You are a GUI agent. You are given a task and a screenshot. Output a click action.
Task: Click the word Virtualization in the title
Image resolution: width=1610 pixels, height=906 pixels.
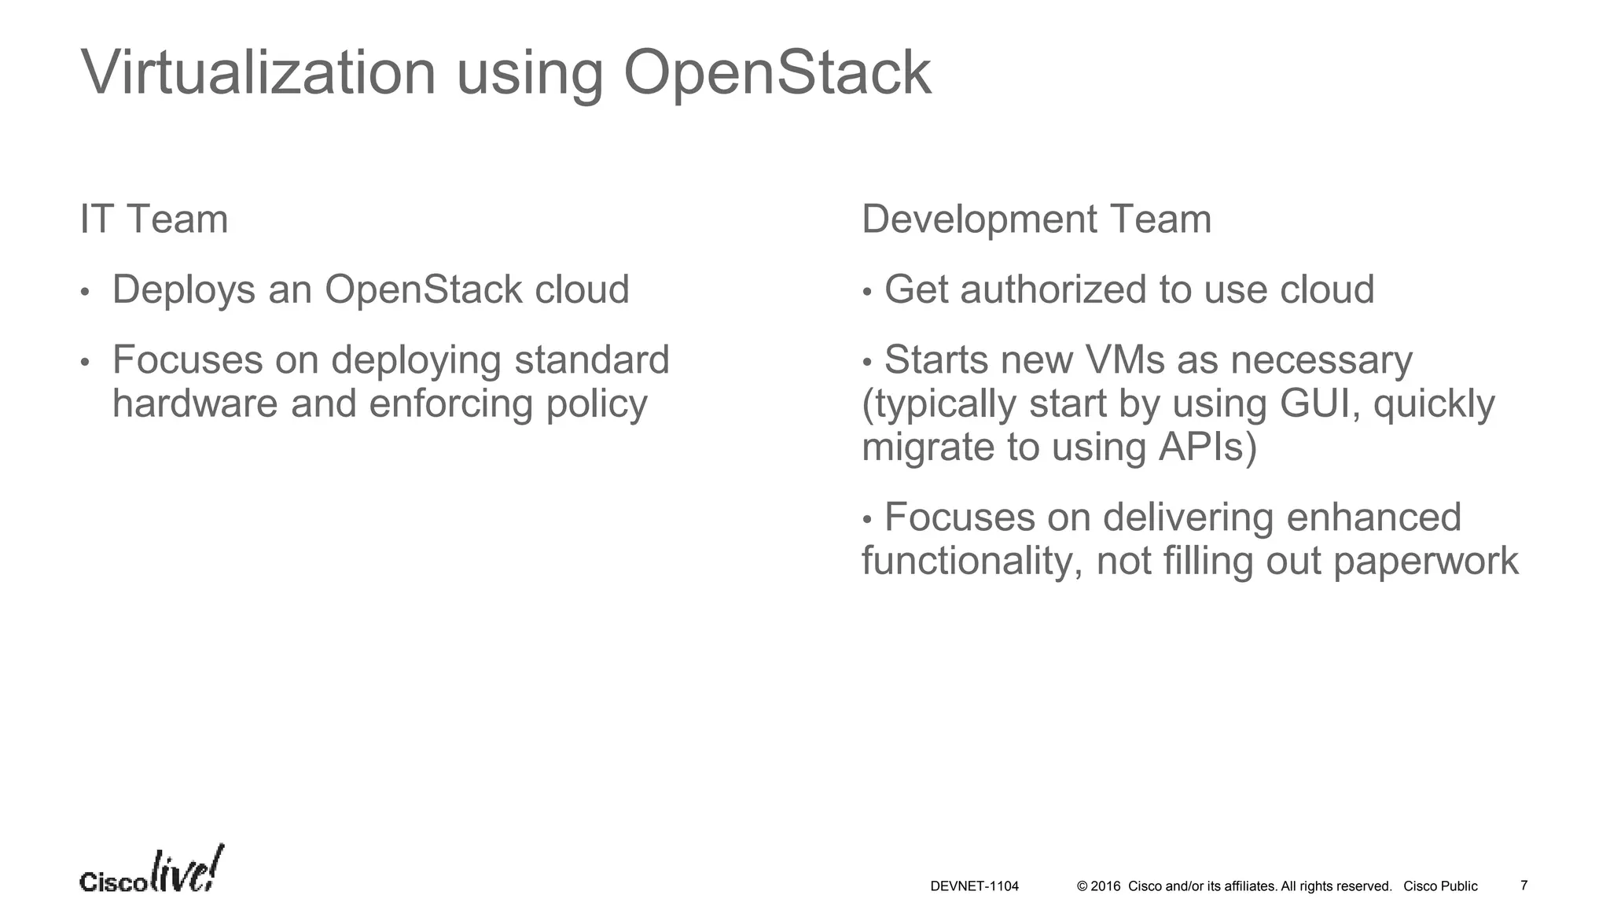(x=258, y=72)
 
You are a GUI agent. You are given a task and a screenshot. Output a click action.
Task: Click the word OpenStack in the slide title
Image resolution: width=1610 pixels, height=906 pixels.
(x=777, y=72)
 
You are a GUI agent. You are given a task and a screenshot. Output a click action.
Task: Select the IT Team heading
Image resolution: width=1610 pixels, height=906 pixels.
(x=154, y=219)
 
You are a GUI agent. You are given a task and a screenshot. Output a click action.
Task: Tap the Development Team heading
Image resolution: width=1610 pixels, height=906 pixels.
(x=1036, y=219)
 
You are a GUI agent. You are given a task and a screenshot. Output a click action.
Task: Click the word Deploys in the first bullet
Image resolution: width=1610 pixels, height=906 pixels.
(x=184, y=289)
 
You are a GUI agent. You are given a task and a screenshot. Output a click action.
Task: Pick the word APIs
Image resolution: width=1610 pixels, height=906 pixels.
(x=1207, y=447)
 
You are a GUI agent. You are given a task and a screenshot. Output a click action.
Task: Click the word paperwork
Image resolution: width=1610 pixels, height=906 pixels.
(x=1425, y=561)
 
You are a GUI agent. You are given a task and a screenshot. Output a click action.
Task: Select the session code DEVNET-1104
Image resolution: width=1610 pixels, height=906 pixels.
(x=974, y=886)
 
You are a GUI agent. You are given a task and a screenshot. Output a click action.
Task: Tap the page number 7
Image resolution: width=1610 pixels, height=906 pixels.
(x=1524, y=886)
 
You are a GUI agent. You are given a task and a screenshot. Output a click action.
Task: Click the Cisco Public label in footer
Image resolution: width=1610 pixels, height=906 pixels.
(x=1440, y=886)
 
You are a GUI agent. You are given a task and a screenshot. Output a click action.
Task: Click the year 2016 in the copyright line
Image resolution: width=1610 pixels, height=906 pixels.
(x=1105, y=886)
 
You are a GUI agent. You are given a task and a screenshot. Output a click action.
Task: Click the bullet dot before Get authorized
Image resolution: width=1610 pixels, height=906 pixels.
(x=868, y=293)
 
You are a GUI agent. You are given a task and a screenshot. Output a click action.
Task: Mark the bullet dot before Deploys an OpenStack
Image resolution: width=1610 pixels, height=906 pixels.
(x=86, y=293)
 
